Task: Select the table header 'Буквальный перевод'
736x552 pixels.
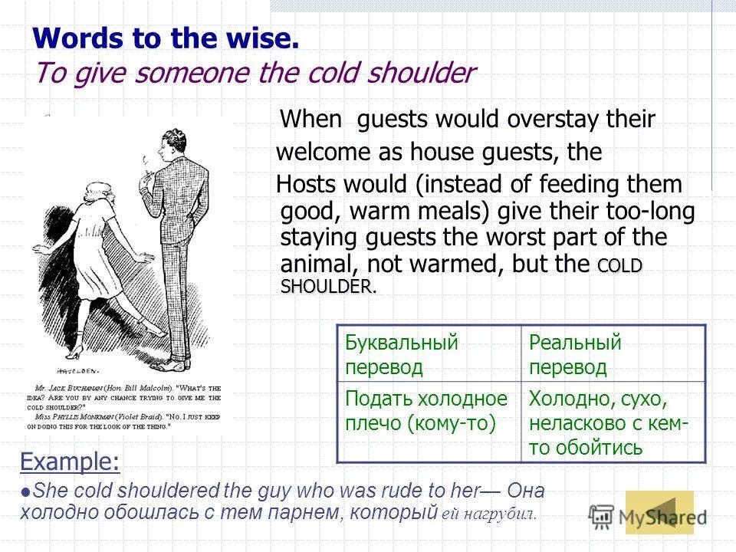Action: [x=401, y=354]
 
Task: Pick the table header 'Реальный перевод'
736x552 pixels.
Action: [x=575, y=354]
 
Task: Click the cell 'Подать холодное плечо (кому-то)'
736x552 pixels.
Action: [x=426, y=411]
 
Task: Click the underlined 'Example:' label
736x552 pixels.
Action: [x=70, y=462]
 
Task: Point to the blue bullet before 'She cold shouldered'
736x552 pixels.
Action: [x=28, y=493]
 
